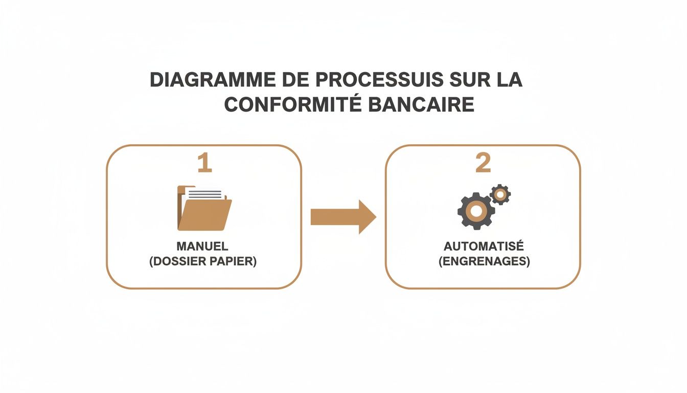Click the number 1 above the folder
coord(204,163)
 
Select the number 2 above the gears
coord(483,163)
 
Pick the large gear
coord(476,210)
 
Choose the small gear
coord(500,194)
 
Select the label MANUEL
coord(202,247)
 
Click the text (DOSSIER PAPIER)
coord(203,261)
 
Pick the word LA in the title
coord(509,80)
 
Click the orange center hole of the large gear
coord(476,210)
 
